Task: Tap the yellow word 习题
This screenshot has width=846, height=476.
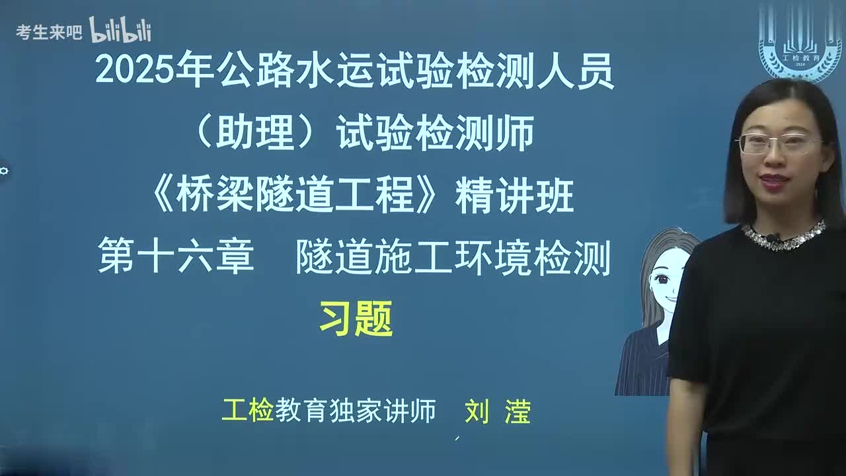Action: [x=356, y=319]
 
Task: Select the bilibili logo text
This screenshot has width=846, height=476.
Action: [x=120, y=30]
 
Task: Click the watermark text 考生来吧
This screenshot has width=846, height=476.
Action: [x=49, y=32]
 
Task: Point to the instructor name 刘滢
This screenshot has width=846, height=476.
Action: [x=497, y=411]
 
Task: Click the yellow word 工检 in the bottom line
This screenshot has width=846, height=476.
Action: [x=248, y=411]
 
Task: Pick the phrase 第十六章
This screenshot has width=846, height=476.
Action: [x=176, y=258]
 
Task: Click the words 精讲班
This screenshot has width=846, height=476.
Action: [x=514, y=197]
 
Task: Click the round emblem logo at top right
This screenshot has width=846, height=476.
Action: [x=800, y=42]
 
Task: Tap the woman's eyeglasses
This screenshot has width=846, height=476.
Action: [x=778, y=143]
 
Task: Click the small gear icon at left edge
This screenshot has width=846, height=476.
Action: [x=4, y=171]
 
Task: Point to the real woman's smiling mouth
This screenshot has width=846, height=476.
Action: [x=775, y=180]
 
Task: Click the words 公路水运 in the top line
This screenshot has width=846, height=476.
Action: [x=294, y=71]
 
